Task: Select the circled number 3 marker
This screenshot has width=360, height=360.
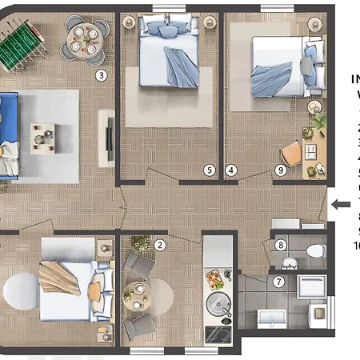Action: [101, 76]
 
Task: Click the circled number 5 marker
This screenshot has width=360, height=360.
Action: [209, 170]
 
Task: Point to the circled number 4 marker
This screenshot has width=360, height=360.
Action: [231, 170]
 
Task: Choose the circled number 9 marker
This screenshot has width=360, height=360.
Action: [280, 170]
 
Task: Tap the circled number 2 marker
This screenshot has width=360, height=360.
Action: [160, 246]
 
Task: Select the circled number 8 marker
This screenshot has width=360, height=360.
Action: [281, 245]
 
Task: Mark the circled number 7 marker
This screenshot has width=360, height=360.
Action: [278, 282]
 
